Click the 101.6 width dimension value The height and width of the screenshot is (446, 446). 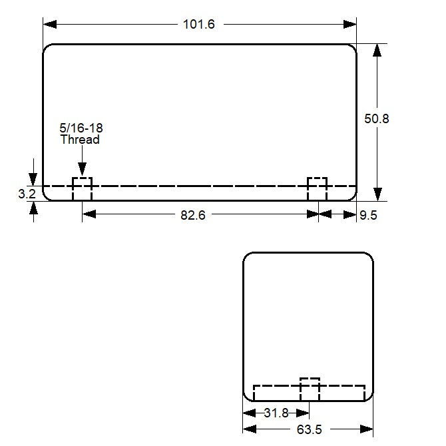pyautogui.click(x=199, y=25)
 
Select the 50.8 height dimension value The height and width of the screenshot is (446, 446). pyautogui.click(x=376, y=118)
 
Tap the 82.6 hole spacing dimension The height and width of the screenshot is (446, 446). pyautogui.click(x=192, y=214)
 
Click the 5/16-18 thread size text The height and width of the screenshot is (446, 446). pyautogui.click(x=81, y=127)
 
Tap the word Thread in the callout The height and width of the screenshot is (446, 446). pyautogui.click(x=80, y=140)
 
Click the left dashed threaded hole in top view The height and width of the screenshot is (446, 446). pyautogui.click(x=82, y=188)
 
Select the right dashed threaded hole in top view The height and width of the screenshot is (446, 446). pyautogui.click(x=317, y=188)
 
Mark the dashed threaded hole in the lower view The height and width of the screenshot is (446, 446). pyautogui.click(x=310, y=389)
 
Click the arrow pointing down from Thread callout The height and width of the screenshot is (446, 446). pyautogui.click(x=81, y=170)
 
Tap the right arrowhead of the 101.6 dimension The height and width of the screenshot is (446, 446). pyautogui.click(x=350, y=24)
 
